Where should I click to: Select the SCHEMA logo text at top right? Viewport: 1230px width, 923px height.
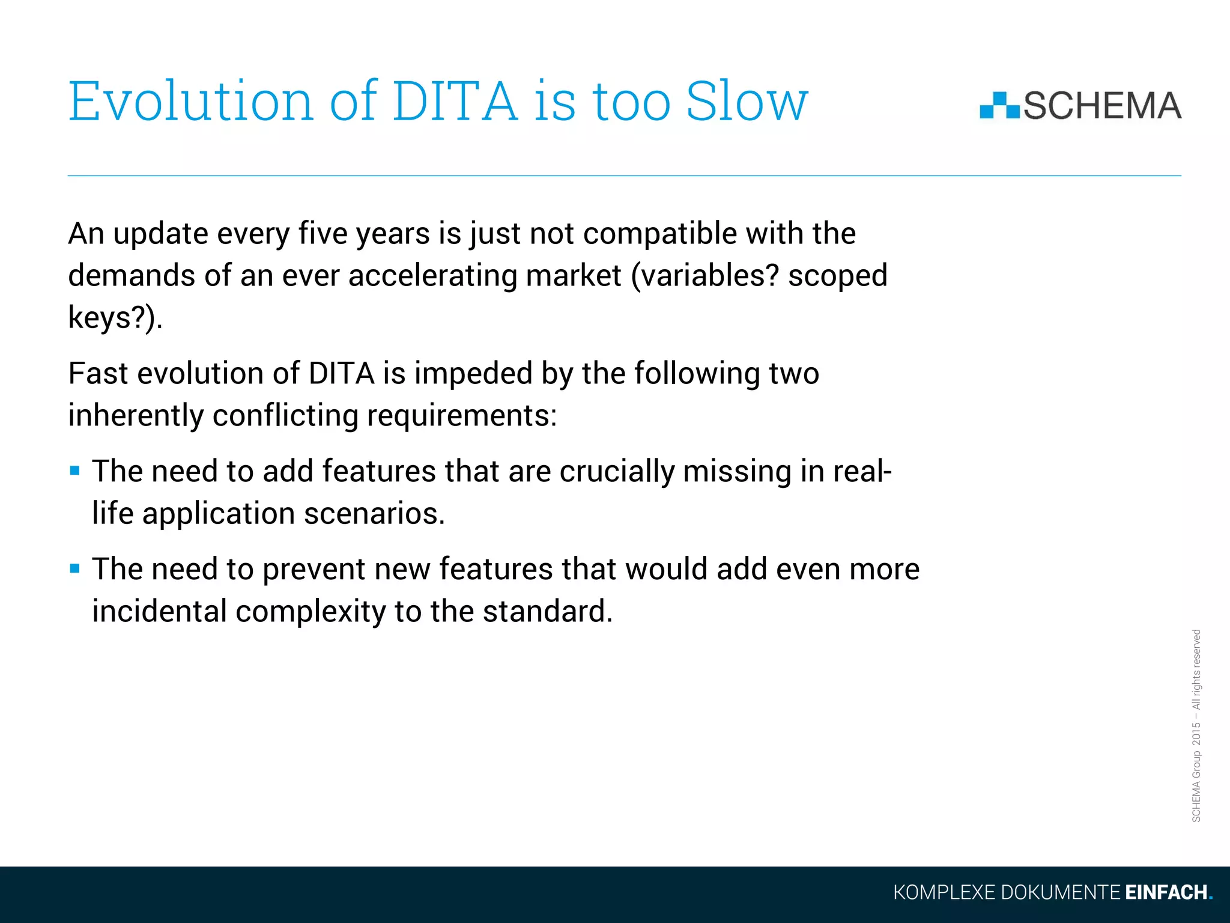(x=1102, y=106)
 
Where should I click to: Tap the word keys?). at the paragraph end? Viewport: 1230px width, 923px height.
(x=115, y=318)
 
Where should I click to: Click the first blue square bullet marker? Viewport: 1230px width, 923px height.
(x=75, y=471)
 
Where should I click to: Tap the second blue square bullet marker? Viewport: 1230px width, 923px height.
(x=75, y=568)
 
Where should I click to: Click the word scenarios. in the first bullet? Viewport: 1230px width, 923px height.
(x=374, y=514)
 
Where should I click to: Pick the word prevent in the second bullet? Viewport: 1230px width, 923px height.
(x=314, y=569)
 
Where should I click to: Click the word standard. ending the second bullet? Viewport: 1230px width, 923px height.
(x=547, y=611)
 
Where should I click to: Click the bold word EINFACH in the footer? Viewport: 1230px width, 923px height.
(x=1166, y=892)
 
